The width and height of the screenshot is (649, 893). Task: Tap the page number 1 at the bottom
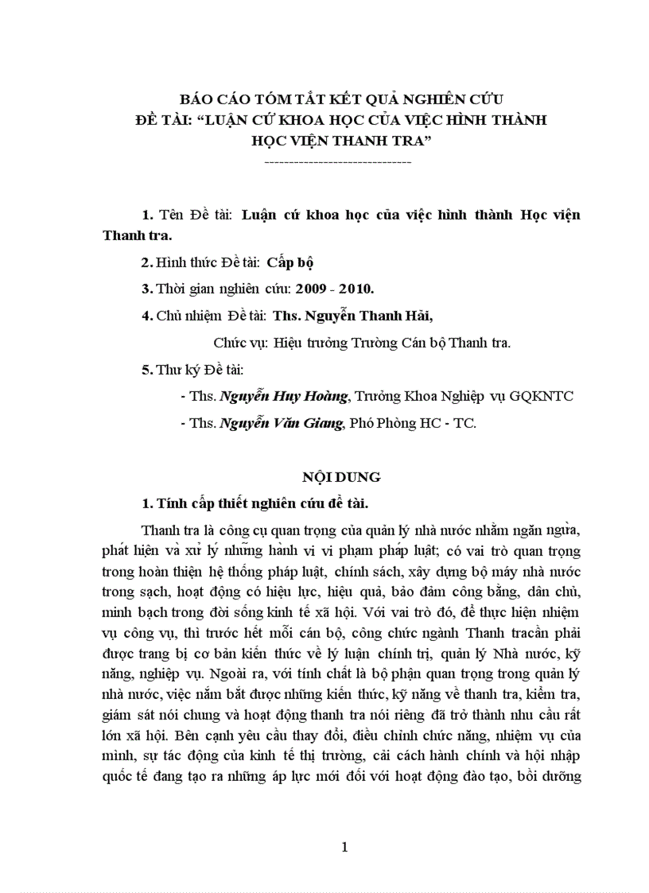[x=344, y=848]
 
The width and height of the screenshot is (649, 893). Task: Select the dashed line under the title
[x=336, y=161]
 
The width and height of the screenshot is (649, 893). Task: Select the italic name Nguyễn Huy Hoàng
[x=284, y=395]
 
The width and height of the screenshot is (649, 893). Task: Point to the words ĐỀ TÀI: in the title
[x=164, y=120]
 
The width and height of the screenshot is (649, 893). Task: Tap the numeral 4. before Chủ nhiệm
[x=146, y=315]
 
